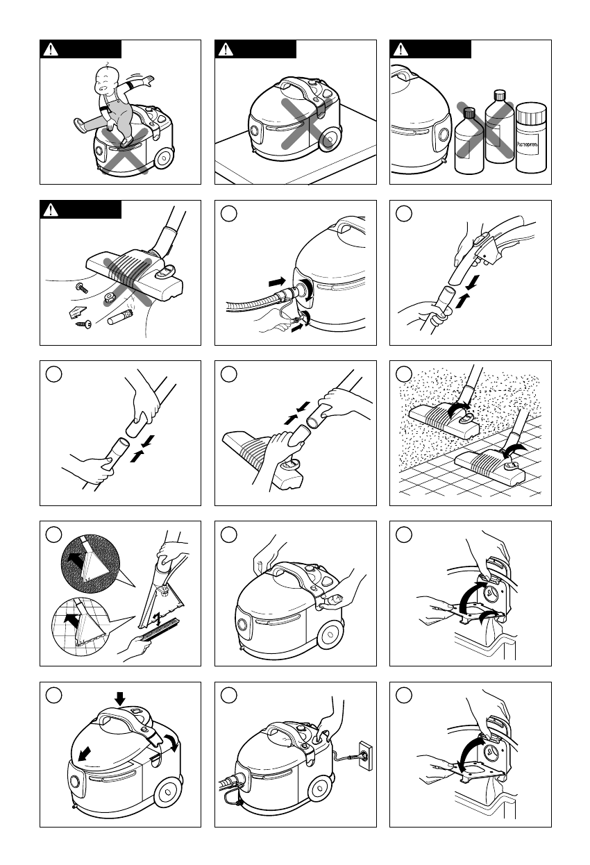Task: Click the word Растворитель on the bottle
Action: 532,146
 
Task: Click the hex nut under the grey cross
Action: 110,298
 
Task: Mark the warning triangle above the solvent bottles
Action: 401,49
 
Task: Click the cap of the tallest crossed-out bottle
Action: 497,94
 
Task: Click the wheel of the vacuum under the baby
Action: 165,158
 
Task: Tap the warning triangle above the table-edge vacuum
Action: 226,49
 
